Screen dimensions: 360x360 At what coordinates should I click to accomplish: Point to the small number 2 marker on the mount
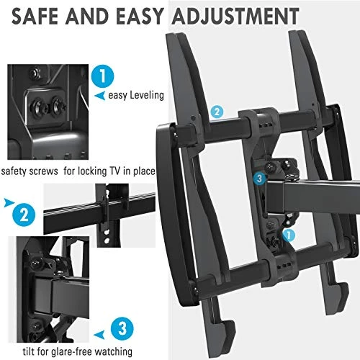click(216, 112)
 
